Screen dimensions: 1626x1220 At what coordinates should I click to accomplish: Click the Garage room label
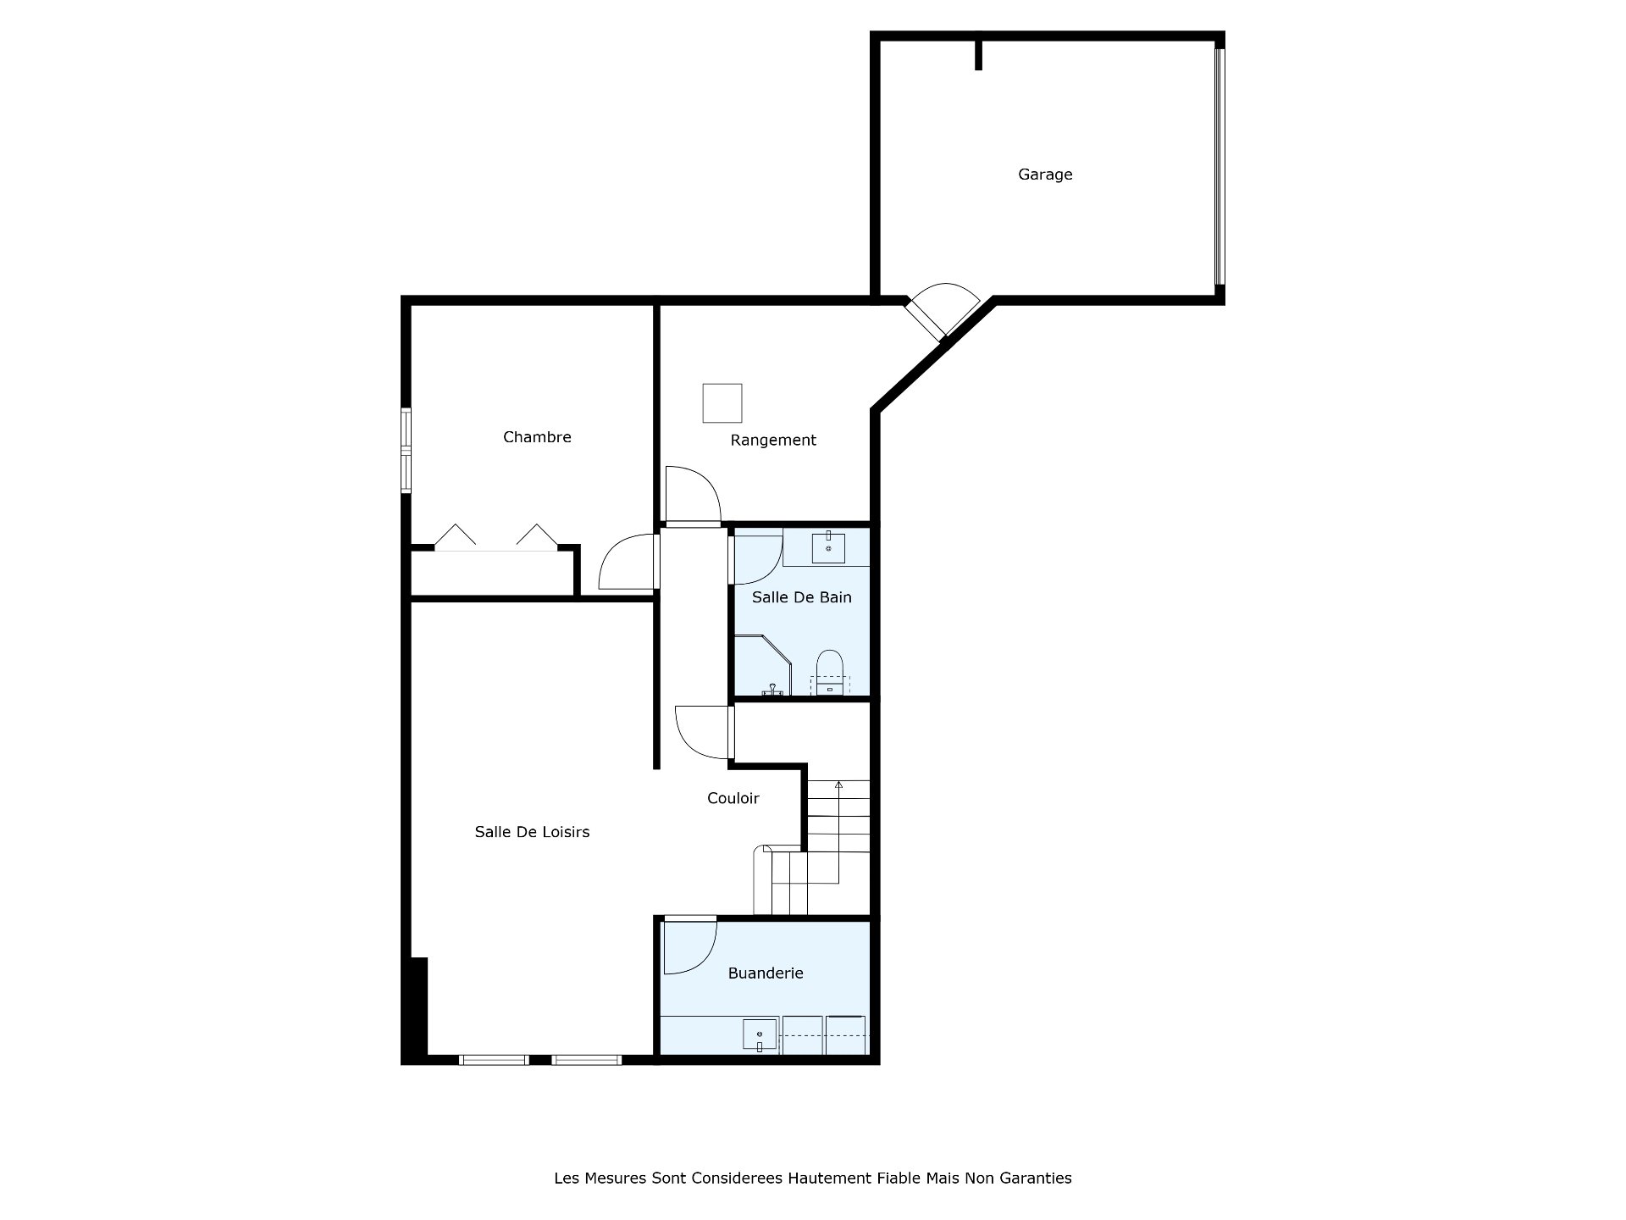coord(1045,175)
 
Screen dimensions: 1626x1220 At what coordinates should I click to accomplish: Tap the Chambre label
coord(537,437)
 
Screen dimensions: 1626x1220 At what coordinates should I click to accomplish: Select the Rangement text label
coord(773,440)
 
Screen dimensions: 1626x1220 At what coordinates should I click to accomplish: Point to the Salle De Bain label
coord(801,597)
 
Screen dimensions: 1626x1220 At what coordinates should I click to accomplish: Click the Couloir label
coord(733,798)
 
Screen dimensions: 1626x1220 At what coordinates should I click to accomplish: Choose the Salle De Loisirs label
coord(532,832)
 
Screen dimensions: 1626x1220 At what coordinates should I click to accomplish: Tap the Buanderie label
coord(766,973)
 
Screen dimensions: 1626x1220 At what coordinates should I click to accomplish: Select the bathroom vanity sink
coord(828,548)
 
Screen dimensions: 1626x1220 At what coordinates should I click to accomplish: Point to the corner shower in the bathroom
coord(761,666)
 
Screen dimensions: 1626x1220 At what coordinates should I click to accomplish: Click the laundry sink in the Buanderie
coord(760,1035)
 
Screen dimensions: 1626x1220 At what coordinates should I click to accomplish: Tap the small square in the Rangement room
coord(722,403)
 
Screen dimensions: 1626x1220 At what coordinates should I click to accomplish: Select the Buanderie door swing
coord(690,946)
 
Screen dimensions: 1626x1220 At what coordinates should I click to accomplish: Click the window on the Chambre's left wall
coord(406,451)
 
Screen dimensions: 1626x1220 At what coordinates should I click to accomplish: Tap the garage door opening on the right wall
coord(1219,167)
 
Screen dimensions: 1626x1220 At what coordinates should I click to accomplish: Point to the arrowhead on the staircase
coord(838,785)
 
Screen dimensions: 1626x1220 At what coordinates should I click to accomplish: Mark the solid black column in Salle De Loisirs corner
coord(418,1007)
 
